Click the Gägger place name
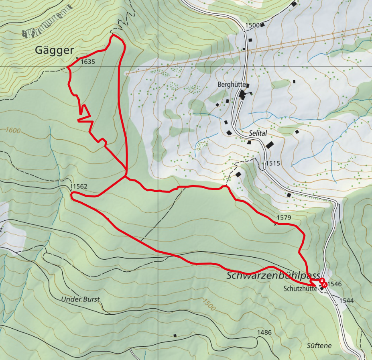[x=55, y=51]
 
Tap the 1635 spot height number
[x=88, y=62]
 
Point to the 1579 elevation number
[x=283, y=218]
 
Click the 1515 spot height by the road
[x=272, y=164]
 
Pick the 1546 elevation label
[x=334, y=284]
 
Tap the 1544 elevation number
[x=346, y=300]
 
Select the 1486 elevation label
[x=265, y=332]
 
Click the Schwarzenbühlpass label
[x=273, y=276]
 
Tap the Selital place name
[x=258, y=133]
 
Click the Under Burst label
[x=80, y=299]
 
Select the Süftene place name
[x=319, y=345]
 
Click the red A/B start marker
[x=323, y=282]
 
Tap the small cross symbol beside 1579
[x=275, y=224]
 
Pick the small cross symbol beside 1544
[x=337, y=305]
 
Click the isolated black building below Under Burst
[x=175, y=335]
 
